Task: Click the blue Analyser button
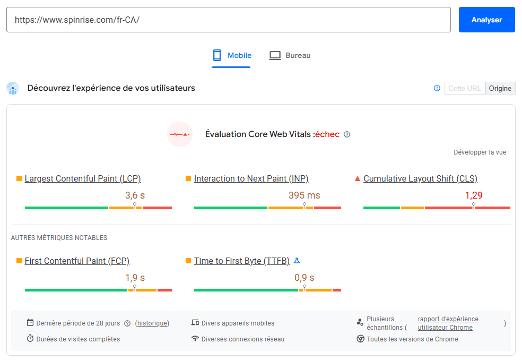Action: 486,20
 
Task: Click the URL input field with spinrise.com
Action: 228,20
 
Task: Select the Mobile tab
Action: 232,55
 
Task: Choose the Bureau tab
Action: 290,55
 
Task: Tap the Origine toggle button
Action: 500,88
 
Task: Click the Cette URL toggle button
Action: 465,88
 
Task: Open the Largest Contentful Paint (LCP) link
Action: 83,178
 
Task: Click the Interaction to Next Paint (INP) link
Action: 251,178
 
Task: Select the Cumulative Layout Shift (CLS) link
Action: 421,178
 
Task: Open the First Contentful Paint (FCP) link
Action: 77,261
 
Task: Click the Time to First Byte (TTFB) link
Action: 242,261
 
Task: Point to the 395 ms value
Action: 304,195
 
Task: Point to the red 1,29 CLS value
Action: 474,195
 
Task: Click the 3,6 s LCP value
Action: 135,195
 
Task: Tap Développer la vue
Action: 480,152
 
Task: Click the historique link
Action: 152,323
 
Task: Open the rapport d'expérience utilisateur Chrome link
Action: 448,323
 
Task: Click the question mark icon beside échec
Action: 347,134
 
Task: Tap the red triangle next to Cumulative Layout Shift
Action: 358,178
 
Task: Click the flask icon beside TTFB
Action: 297,261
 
